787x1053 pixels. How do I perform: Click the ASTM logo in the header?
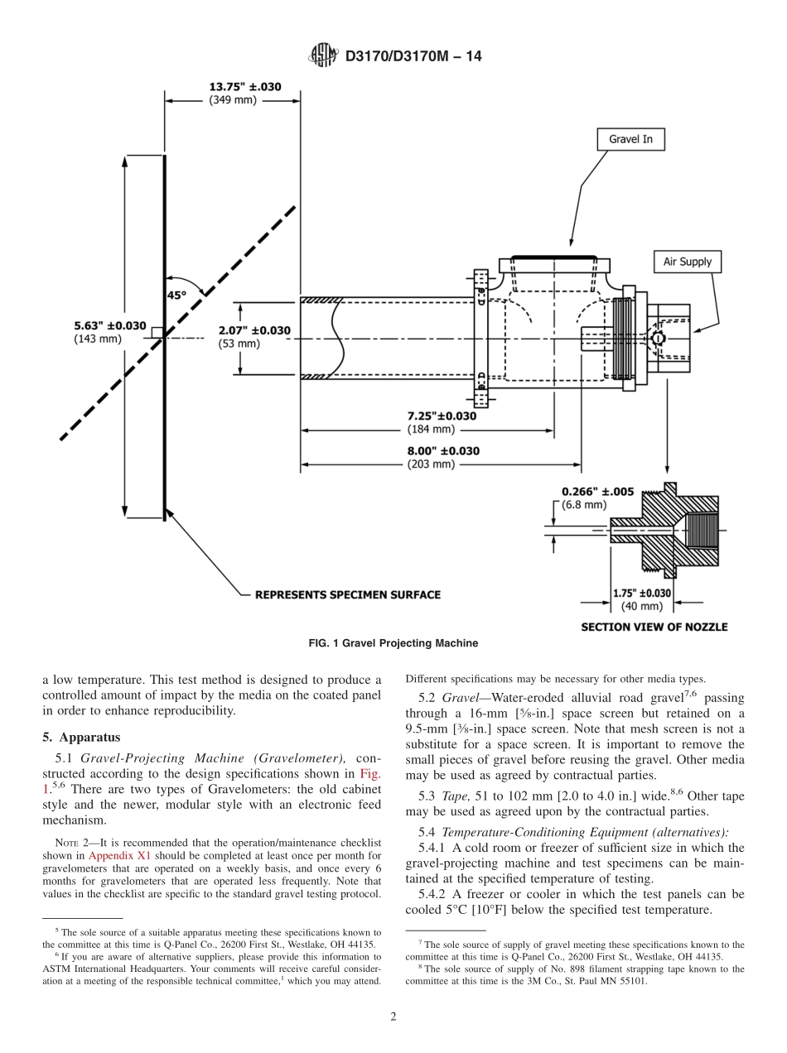[x=324, y=55]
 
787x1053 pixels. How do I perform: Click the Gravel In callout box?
[x=630, y=139]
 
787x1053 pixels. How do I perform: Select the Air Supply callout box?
[x=687, y=262]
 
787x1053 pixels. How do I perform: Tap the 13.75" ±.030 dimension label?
[x=244, y=85]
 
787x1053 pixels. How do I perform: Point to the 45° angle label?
[x=177, y=295]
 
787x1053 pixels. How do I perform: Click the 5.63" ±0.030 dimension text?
[x=109, y=325]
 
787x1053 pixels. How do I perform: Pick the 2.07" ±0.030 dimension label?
[x=254, y=330]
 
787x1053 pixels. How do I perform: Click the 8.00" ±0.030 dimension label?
[x=442, y=451]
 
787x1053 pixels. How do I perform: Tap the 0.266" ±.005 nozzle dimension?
[x=597, y=491]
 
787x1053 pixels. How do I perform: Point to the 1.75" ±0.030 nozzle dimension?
[x=642, y=593]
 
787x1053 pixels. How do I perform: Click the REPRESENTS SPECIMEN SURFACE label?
[x=347, y=594]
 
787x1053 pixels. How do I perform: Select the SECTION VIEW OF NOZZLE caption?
[x=654, y=627]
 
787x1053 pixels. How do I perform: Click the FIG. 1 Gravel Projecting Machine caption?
[x=393, y=643]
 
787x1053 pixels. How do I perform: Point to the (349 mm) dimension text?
[x=233, y=99]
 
